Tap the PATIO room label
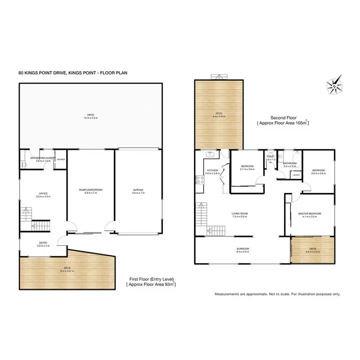[90, 116]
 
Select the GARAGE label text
[138, 190]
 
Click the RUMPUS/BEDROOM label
[90, 190]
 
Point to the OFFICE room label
[43, 194]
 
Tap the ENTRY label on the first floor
[43, 243]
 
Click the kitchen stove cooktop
[199, 181]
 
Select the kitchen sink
[210, 154]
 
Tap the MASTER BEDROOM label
[309, 214]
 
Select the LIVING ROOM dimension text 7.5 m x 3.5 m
[239, 217]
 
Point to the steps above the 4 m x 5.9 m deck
[218, 76]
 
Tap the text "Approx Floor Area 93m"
[151, 285]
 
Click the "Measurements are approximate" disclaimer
[277, 293]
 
